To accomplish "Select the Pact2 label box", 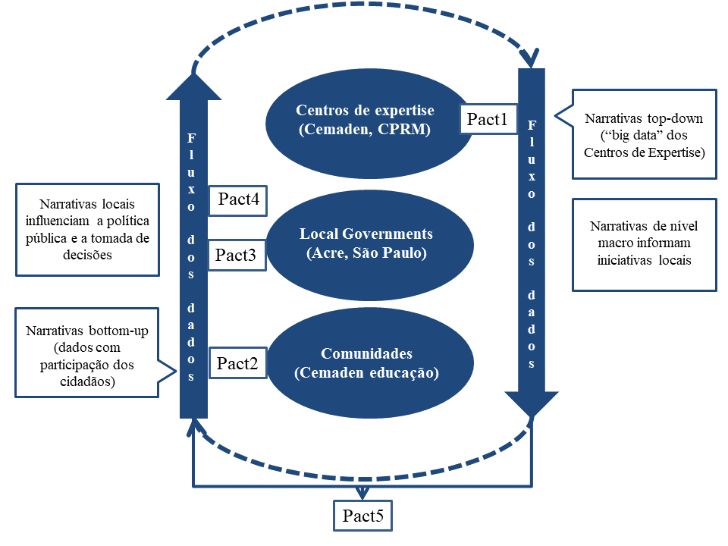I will (x=237, y=363).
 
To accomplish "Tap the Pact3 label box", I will (x=236, y=255).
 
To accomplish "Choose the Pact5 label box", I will (x=363, y=516).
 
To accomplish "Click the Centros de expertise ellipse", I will (x=364, y=120).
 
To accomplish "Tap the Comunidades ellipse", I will (x=366, y=363).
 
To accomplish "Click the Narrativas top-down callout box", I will (x=644, y=134).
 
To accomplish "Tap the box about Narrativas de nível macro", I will (x=644, y=244).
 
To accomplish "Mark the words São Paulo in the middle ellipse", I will (x=395, y=253).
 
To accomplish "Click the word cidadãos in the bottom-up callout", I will (x=86, y=381).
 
